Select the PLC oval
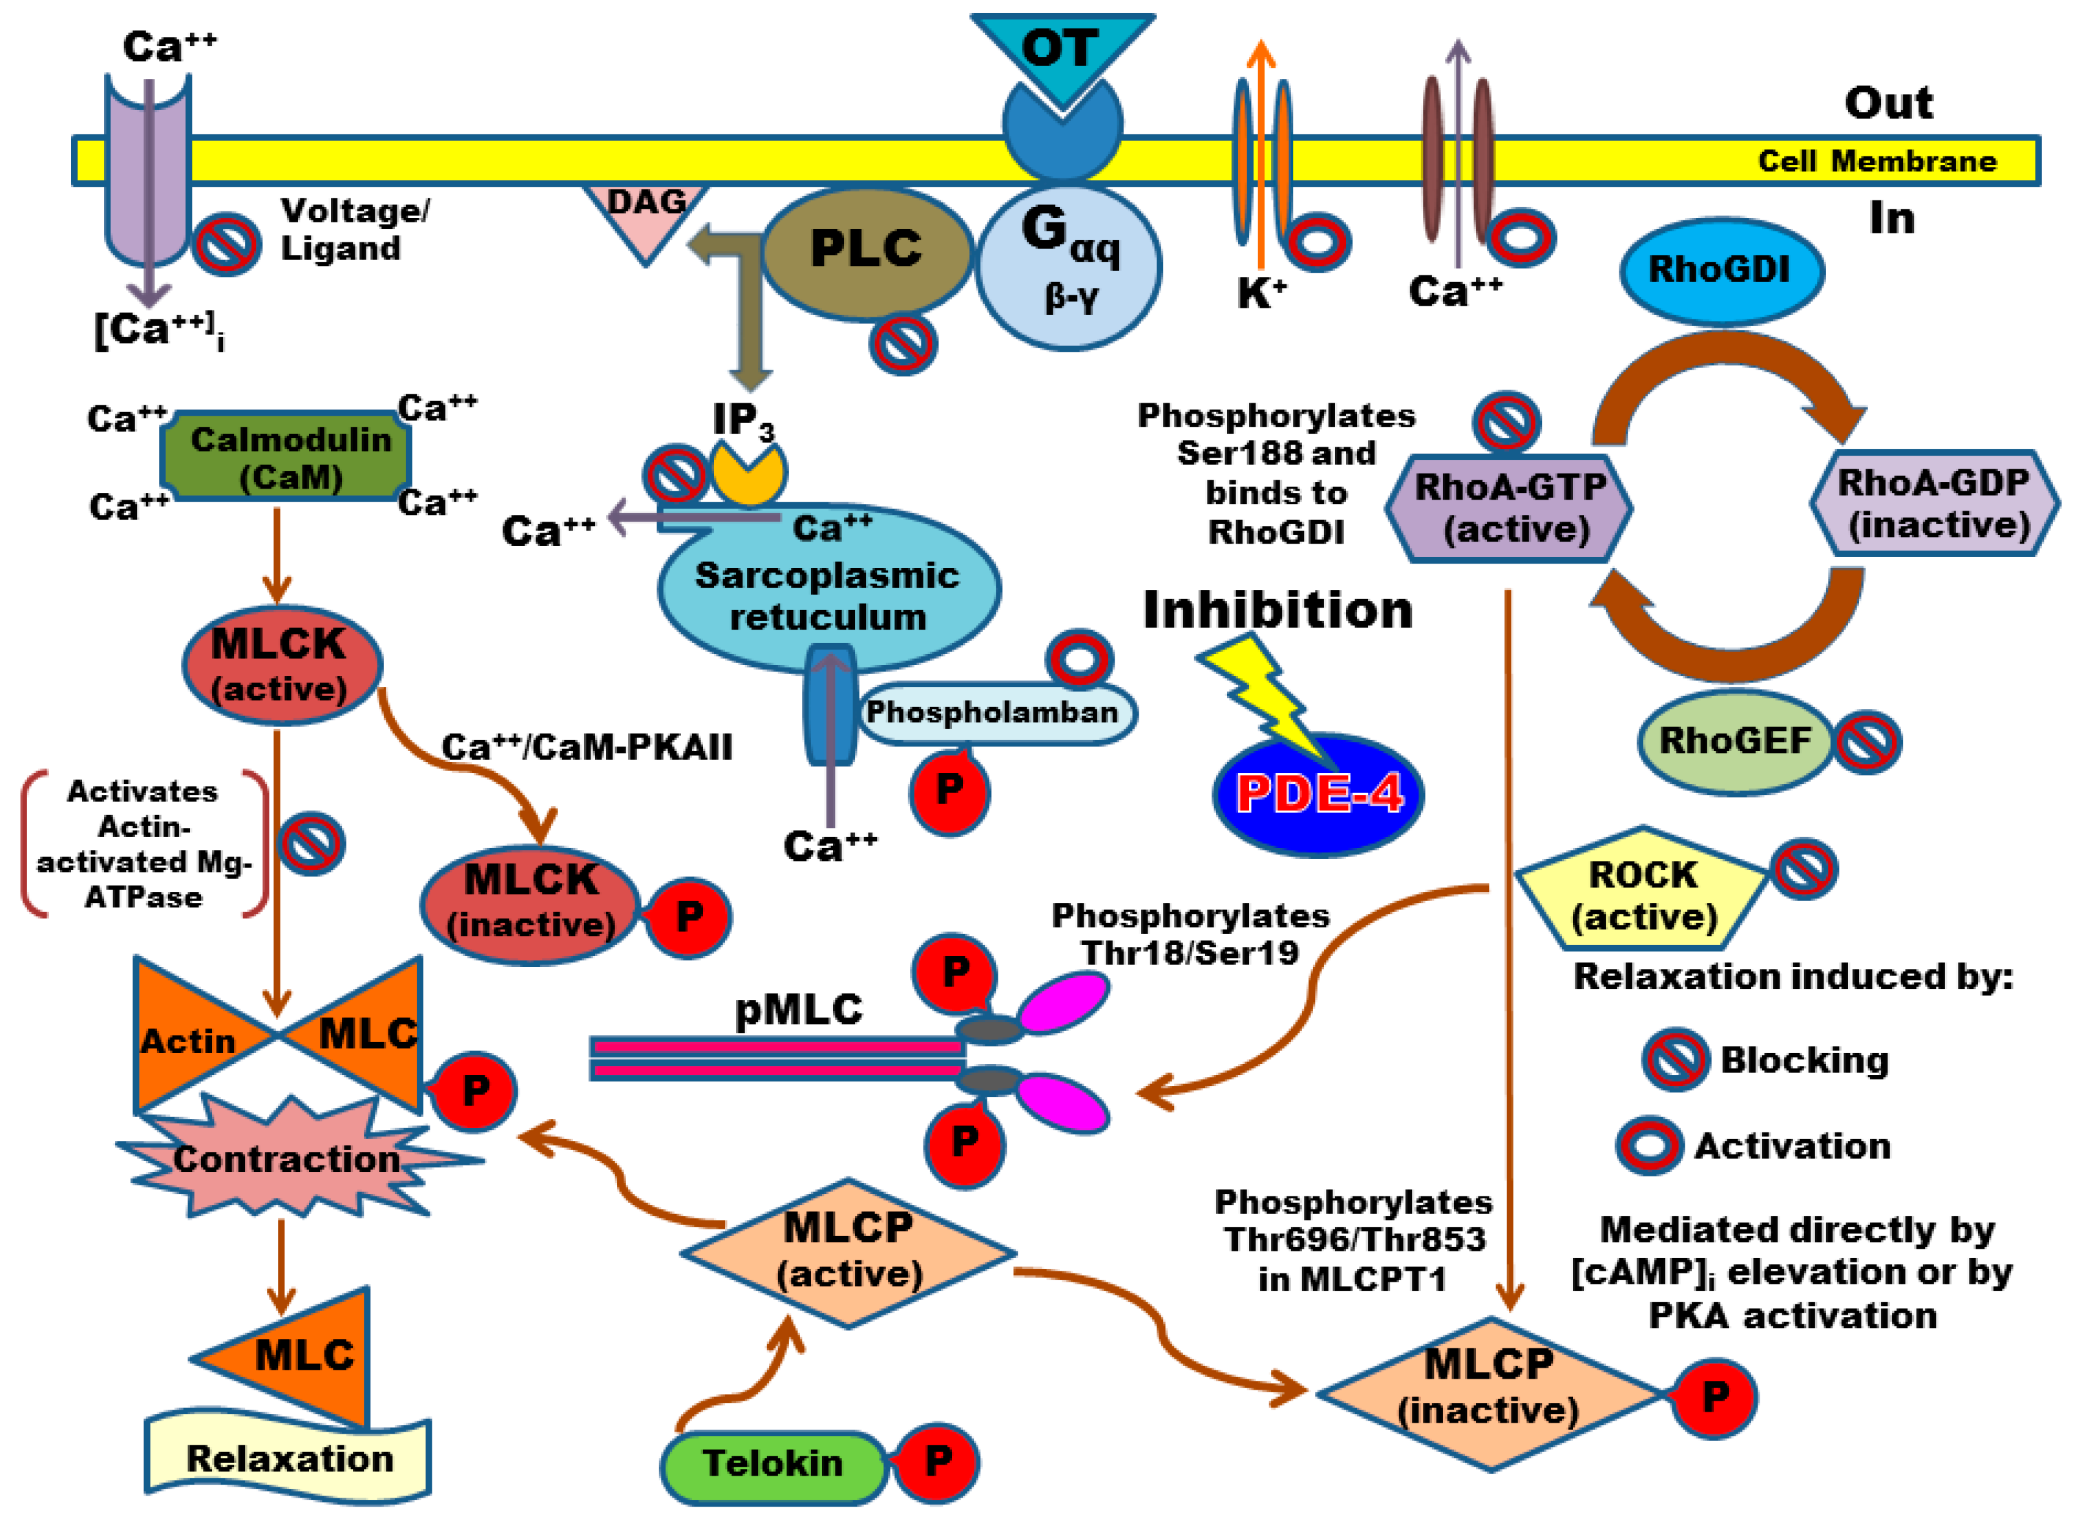point(865,249)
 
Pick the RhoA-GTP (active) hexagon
point(1509,507)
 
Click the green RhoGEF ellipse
point(1734,741)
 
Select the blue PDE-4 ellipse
point(1317,794)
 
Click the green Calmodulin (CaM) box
point(287,457)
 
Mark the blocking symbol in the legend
point(1674,1059)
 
